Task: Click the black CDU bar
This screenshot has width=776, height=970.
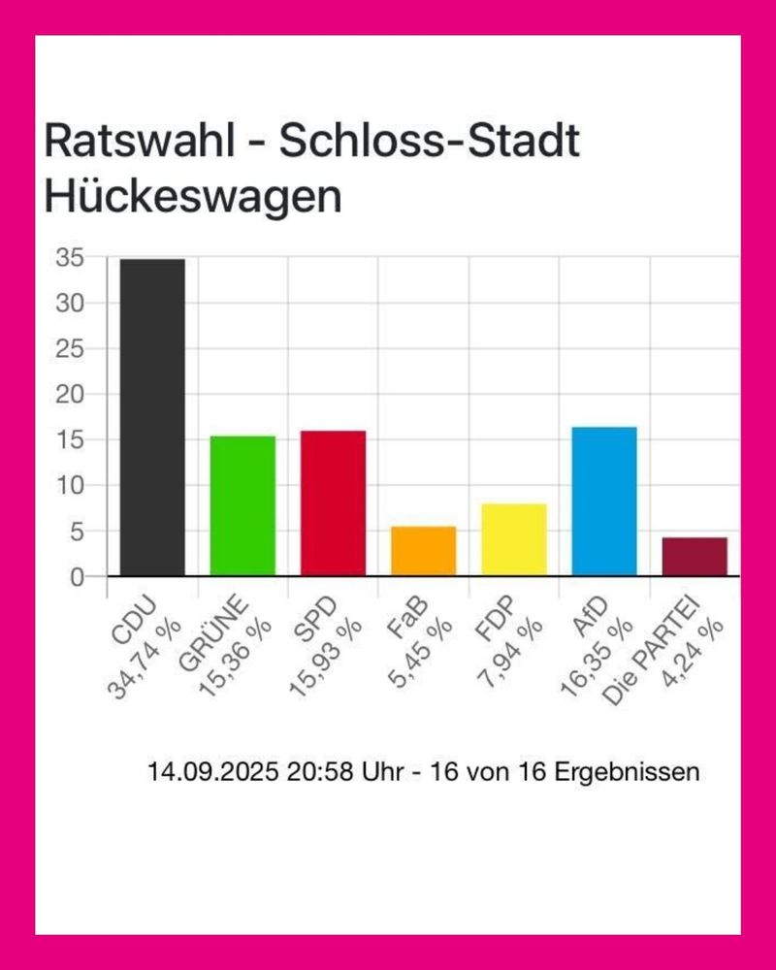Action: pos(152,417)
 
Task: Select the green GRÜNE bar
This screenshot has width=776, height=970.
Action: pos(242,505)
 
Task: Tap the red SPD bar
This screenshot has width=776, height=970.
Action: pos(333,502)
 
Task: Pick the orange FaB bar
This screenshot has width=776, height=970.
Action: pos(423,551)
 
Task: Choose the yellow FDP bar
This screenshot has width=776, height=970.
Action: pos(513,539)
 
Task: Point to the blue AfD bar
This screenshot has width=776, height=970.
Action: pos(603,501)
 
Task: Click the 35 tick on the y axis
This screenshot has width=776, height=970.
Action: pos(69,258)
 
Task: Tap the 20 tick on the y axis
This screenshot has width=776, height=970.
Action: pos(69,395)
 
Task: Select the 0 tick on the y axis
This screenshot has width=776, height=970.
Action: pos(75,577)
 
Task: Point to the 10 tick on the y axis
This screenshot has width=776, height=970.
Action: pos(69,486)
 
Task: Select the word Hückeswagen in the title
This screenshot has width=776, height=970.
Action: pos(193,198)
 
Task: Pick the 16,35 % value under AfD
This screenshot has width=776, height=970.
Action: pos(598,663)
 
